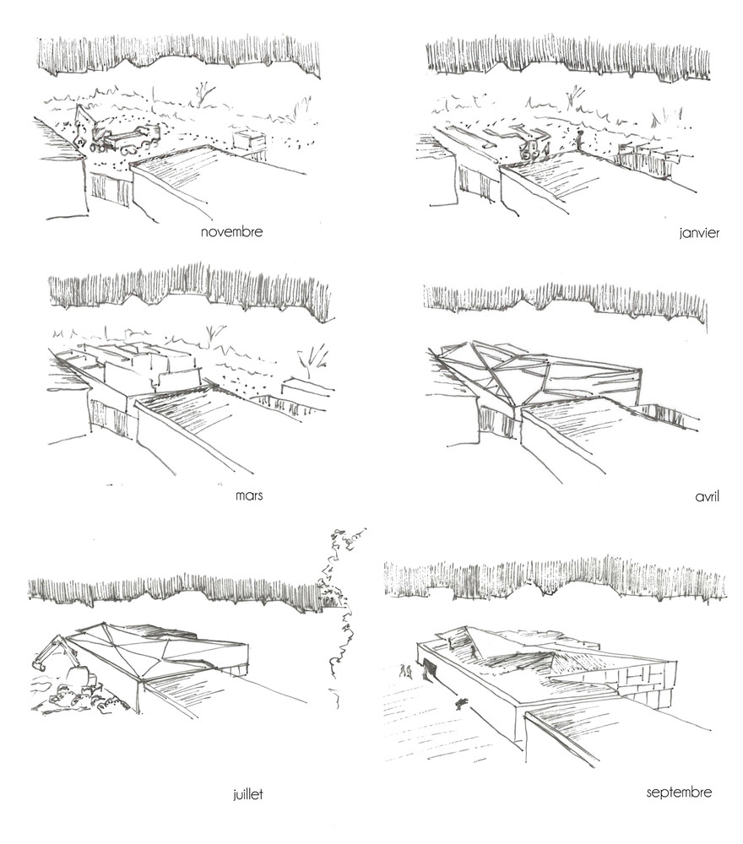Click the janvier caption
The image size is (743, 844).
click(698, 233)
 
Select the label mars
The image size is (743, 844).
click(249, 495)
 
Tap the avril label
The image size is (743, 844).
click(705, 496)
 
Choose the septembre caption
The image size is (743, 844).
click(679, 792)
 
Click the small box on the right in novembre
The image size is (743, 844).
click(249, 140)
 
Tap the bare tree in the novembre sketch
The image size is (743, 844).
click(203, 93)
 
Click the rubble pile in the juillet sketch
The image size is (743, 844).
click(72, 697)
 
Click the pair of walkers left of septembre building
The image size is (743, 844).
click(406, 671)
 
